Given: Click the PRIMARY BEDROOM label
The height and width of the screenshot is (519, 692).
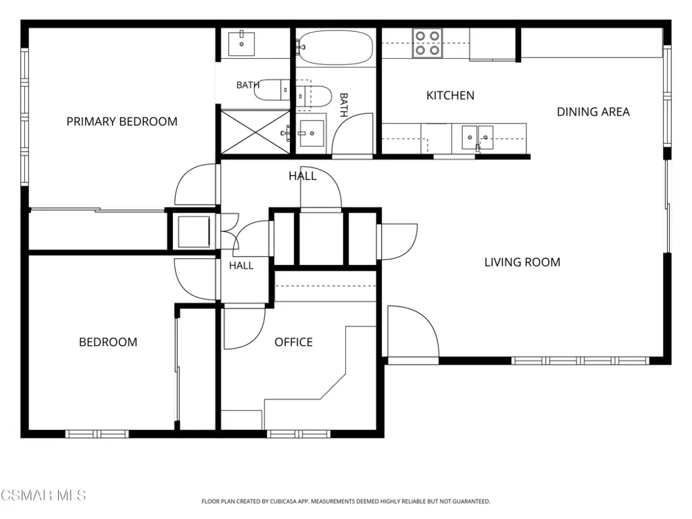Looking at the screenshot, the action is click(x=122, y=121).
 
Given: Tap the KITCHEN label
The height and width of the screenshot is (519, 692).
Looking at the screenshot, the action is click(x=450, y=95).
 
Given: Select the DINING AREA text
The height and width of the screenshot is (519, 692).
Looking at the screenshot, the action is click(x=593, y=111).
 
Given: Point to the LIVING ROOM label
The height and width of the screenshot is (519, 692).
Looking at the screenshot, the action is click(x=522, y=262).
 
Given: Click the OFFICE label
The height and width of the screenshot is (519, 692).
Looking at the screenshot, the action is click(x=293, y=342).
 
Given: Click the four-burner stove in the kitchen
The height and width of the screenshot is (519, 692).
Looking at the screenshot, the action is click(x=427, y=43).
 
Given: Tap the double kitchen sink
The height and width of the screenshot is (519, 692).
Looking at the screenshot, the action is click(x=477, y=138).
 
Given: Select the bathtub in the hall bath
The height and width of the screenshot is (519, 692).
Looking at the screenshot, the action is click(x=336, y=48).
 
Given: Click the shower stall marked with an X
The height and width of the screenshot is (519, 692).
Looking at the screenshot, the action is click(x=255, y=131).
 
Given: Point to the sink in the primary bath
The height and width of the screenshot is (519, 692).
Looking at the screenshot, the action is click(x=242, y=43).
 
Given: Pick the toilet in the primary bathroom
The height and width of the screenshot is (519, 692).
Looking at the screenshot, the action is click(x=272, y=90).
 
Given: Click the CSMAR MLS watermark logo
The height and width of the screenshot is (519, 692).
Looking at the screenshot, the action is click(x=43, y=495).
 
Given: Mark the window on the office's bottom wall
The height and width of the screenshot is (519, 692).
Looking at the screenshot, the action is click(x=298, y=434).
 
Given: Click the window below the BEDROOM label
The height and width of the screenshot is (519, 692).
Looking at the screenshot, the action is click(x=97, y=434).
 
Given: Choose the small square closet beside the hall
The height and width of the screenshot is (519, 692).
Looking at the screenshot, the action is click(x=193, y=231).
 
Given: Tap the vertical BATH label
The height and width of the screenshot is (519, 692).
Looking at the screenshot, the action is click(x=344, y=105).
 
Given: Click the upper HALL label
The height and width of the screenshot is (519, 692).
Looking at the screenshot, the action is click(x=302, y=176).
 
